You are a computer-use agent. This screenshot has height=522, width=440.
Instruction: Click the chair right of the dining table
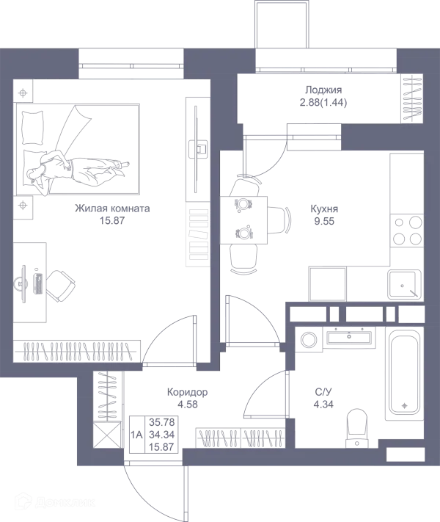pos(279,220)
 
